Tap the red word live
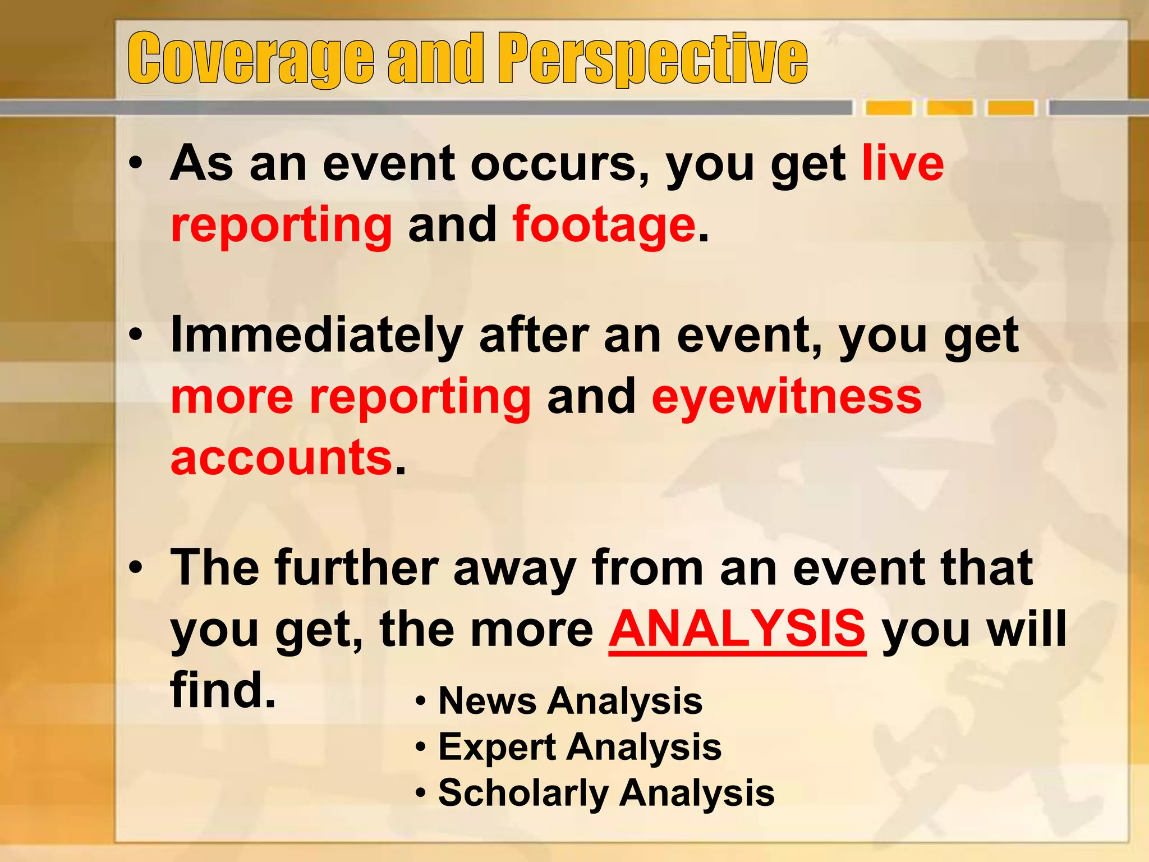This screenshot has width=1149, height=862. [903, 163]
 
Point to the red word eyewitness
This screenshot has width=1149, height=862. [787, 396]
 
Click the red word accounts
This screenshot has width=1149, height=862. [281, 457]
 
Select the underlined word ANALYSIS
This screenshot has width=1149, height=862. [737, 629]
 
